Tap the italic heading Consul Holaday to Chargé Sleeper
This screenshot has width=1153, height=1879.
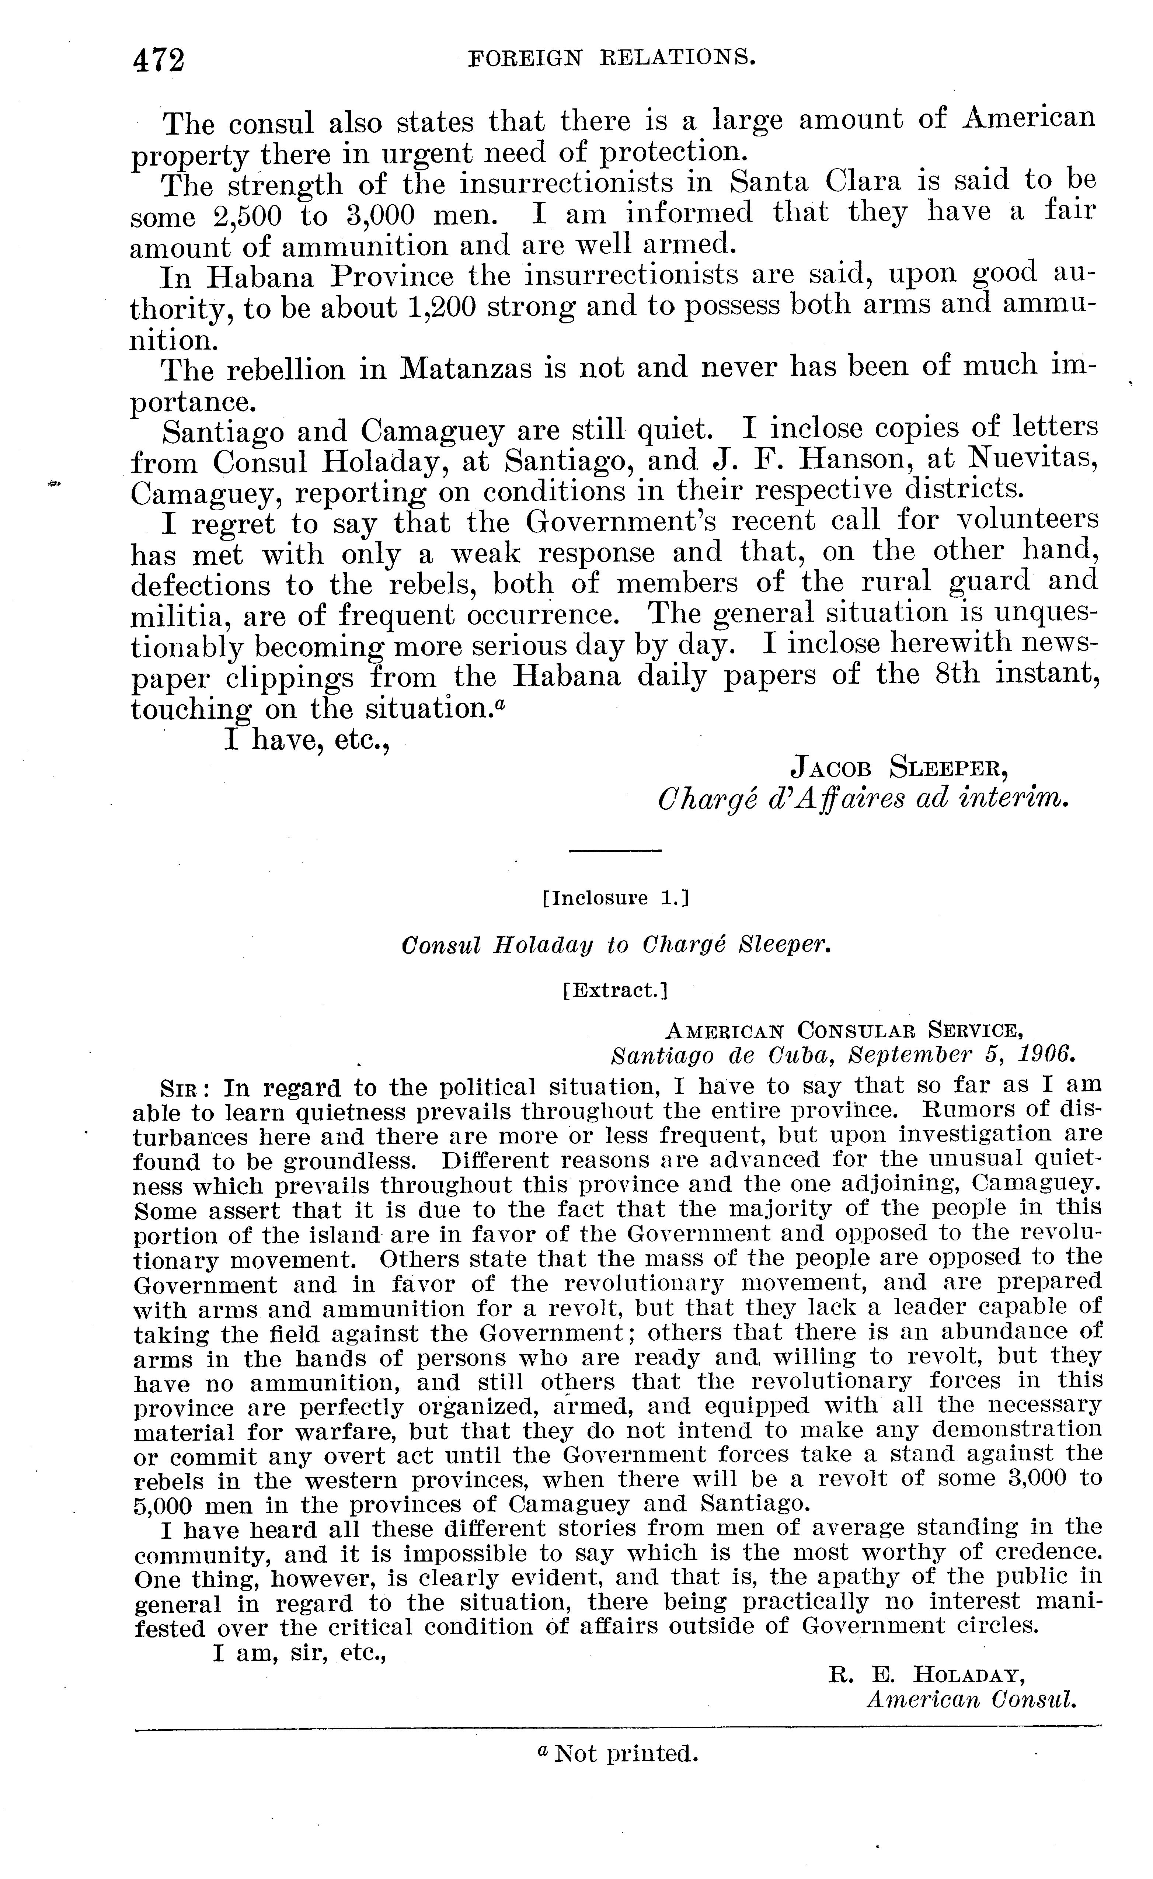pyautogui.click(x=614, y=946)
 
